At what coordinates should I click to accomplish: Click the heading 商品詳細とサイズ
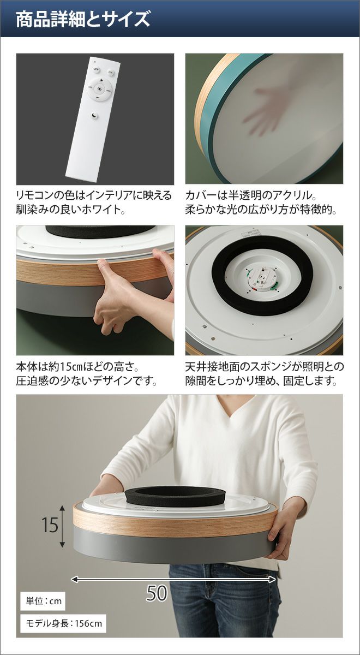click(x=83, y=19)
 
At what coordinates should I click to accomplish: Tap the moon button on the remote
click(x=94, y=116)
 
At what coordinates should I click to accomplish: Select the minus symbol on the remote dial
click(x=98, y=97)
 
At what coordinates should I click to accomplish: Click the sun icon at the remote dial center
click(x=100, y=89)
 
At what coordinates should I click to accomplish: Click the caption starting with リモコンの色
click(x=94, y=203)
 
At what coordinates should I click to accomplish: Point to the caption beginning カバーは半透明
click(x=261, y=203)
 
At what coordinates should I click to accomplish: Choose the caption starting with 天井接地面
click(x=265, y=374)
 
